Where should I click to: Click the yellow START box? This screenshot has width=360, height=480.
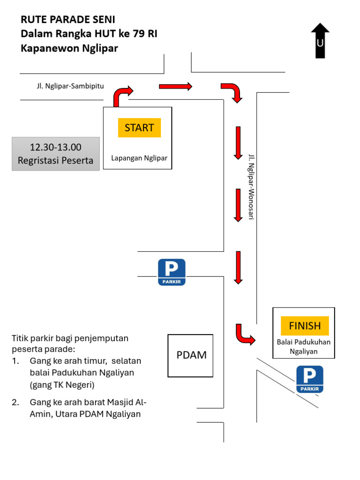(x=139, y=127)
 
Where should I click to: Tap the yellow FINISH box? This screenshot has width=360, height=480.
(x=305, y=326)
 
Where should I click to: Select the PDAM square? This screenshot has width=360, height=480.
(x=191, y=355)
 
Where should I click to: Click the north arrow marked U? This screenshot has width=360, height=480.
(x=320, y=41)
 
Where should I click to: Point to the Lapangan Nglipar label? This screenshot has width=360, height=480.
(x=139, y=158)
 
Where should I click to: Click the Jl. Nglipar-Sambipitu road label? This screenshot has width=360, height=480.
(x=70, y=86)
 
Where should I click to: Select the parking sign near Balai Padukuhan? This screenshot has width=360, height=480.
(x=310, y=379)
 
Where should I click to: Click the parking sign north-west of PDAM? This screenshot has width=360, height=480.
(x=172, y=272)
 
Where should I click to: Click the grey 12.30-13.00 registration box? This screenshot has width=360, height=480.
(x=55, y=154)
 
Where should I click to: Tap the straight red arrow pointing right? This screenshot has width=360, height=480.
(x=175, y=86)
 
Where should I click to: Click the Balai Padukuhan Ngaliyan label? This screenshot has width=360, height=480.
(x=304, y=346)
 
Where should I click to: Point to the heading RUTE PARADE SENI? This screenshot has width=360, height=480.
(x=67, y=20)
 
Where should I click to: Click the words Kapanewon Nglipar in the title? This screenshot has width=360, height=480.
(x=69, y=48)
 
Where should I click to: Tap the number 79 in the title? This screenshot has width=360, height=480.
(x=138, y=34)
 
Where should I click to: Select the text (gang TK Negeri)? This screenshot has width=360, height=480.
(x=62, y=385)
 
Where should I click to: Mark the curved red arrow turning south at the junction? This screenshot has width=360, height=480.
(x=232, y=92)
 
